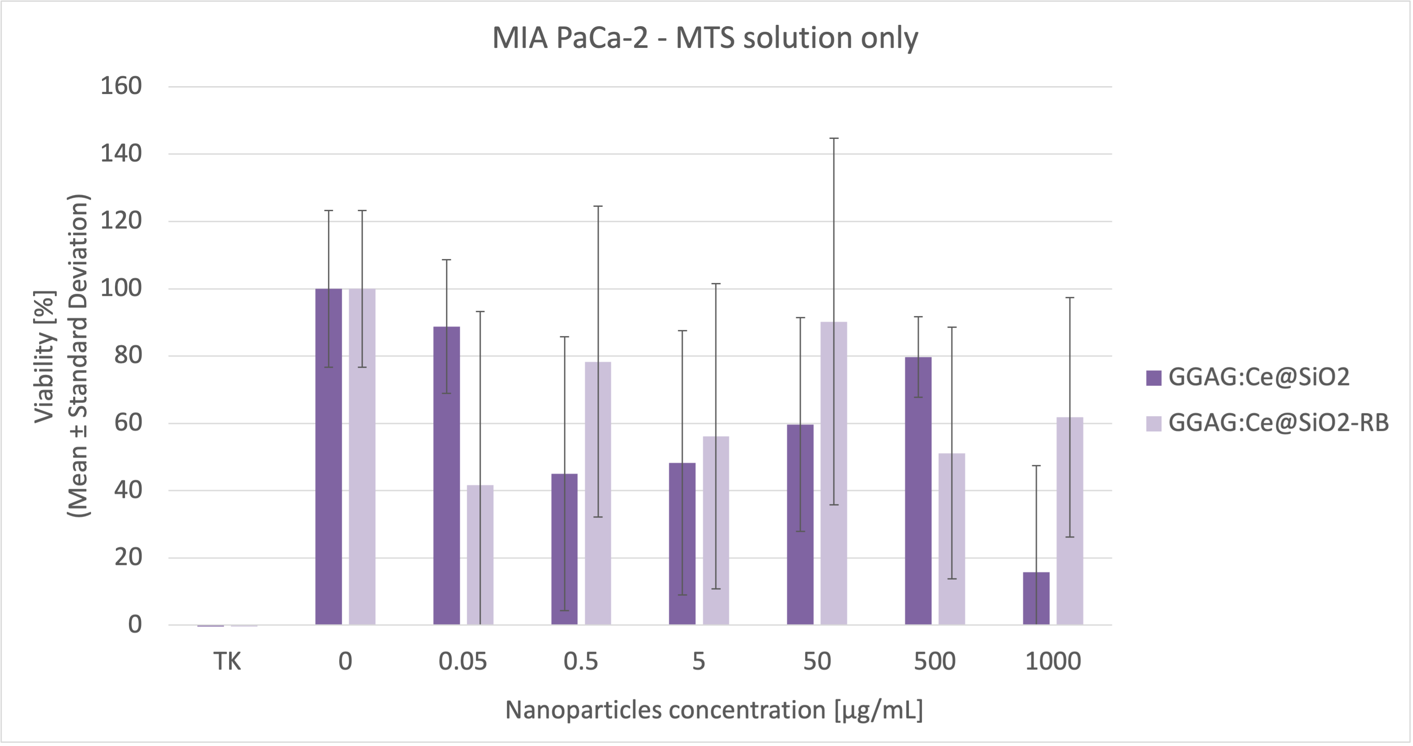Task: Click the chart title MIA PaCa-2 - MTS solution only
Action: point(705,38)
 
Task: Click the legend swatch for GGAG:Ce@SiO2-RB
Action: point(1153,423)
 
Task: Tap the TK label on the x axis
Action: point(227,662)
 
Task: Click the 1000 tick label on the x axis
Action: point(1052,662)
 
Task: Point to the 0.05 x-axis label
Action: point(462,662)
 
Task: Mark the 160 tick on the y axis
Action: point(121,86)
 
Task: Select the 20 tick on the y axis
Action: point(128,558)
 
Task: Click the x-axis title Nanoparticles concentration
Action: point(714,710)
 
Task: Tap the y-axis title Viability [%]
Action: point(45,356)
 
